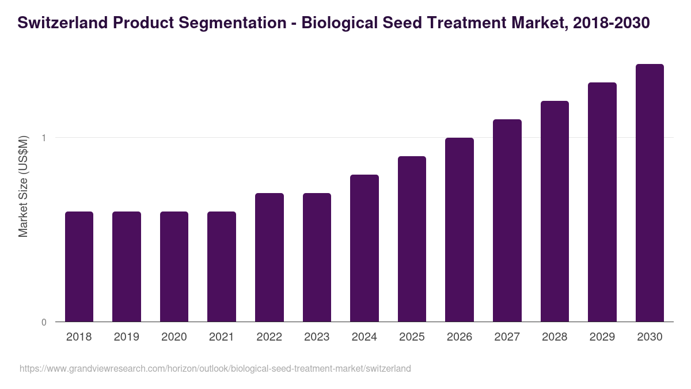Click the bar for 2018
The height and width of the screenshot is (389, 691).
pyautogui.click(x=79, y=266)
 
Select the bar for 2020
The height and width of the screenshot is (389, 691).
pyautogui.click(x=174, y=266)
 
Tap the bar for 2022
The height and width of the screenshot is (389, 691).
pyautogui.click(x=269, y=257)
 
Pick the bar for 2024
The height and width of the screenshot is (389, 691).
pyautogui.click(x=365, y=248)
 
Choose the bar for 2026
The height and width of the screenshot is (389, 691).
pyautogui.click(x=460, y=229)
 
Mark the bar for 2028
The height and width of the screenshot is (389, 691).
pyautogui.click(x=555, y=211)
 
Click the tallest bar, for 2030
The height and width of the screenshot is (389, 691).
pyautogui.click(x=650, y=192)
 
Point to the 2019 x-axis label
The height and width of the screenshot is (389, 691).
pyautogui.click(x=126, y=337)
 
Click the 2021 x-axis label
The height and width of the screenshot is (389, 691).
pyautogui.click(x=222, y=337)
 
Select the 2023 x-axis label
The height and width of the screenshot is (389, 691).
pyautogui.click(x=317, y=337)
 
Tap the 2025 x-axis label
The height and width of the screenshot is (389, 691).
pyautogui.click(x=412, y=337)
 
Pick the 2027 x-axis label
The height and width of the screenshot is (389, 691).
pyautogui.click(x=507, y=337)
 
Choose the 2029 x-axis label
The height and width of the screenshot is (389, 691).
pyautogui.click(x=602, y=337)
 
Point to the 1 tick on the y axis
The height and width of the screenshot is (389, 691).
pyautogui.click(x=43, y=138)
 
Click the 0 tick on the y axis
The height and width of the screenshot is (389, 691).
pyautogui.click(x=43, y=322)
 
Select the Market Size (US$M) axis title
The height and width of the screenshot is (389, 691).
pyautogui.click(x=23, y=186)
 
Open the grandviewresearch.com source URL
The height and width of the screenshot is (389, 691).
pyautogui.click(x=215, y=368)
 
